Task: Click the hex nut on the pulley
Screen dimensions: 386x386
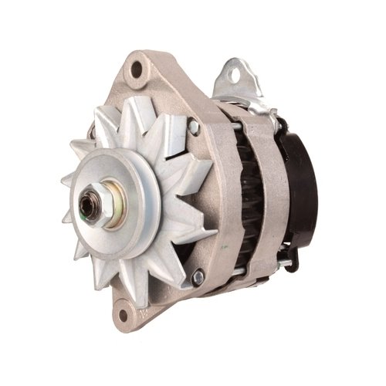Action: (x=93, y=208)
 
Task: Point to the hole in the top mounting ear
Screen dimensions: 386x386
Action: (x=137, y=69)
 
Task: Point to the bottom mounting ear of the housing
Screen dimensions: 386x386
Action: (x=127, y=313)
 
